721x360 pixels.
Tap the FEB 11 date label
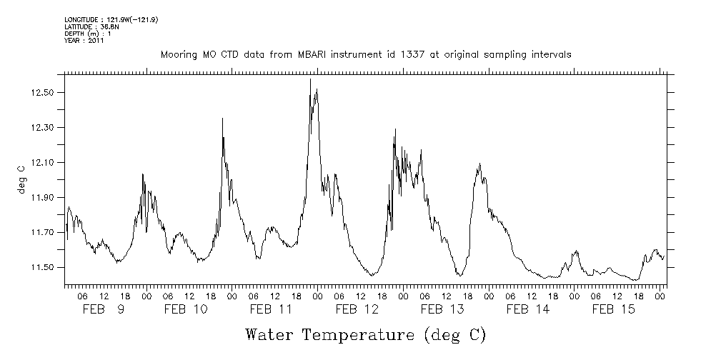pyautogui.click(x=271, y=309)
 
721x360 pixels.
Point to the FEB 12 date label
pyautogui.click(x=357, y=309)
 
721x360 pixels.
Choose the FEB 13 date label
pyautogui.click(x=442, y=309)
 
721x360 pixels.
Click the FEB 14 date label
pyautogui.click(x=528, y=309)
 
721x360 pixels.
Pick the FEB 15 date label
pyautogui.click(x=614, y=309)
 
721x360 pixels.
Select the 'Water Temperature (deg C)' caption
pyautogui.click(x=365, y=334)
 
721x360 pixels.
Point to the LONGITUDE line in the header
pyautogui.click(x=111, y=20)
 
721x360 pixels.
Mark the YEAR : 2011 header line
pyautogui.click(x=84, y=41)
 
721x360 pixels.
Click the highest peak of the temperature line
pyautogui.click(x=310, y=79)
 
